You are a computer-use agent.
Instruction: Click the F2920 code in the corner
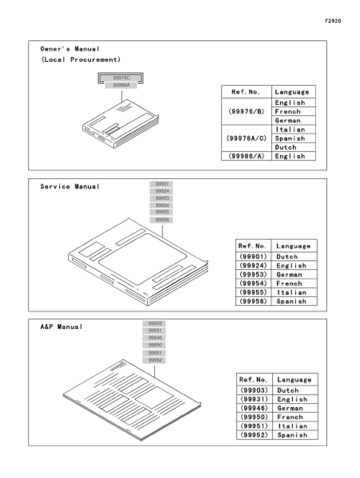pyautogui.click(x=333, y=21)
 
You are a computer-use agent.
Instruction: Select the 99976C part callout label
pyautogui.click(x=121, y=78)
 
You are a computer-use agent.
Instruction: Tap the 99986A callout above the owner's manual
pyautogui.click(x=121, y=86)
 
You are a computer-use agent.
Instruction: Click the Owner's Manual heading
pyautogui.click(x=70, y=49)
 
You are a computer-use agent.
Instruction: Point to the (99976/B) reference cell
pyautogui.click(x=246, y=111)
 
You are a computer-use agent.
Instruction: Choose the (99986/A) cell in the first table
pyautogui.click(x=246, y=156)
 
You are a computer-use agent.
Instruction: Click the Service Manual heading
pyautogui.click(x=70, y=186)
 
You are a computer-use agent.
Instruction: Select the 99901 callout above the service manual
pyautogui.click(x=162, y=184)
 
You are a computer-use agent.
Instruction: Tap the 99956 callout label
pyautogui.click(x=162, y=220)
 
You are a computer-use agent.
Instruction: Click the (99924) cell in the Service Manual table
pyautogui.click(x=253, y=266)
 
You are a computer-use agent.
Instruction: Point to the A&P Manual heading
pyautogui.click(x=61, y=327)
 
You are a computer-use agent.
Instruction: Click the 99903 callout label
pyautogui.click(x=155, y=323)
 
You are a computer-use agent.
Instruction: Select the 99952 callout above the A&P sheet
pyautogui.click(x=155, y=360)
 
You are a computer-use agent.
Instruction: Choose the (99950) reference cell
pyautogui.click(x=254, y=417)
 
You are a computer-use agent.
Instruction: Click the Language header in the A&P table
pyautogui.click(x=294, y=380)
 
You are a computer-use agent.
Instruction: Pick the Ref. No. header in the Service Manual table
pyautogui.click(x=252, y=246)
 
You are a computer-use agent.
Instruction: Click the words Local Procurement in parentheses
pyautogui.click(x=81, y=60)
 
